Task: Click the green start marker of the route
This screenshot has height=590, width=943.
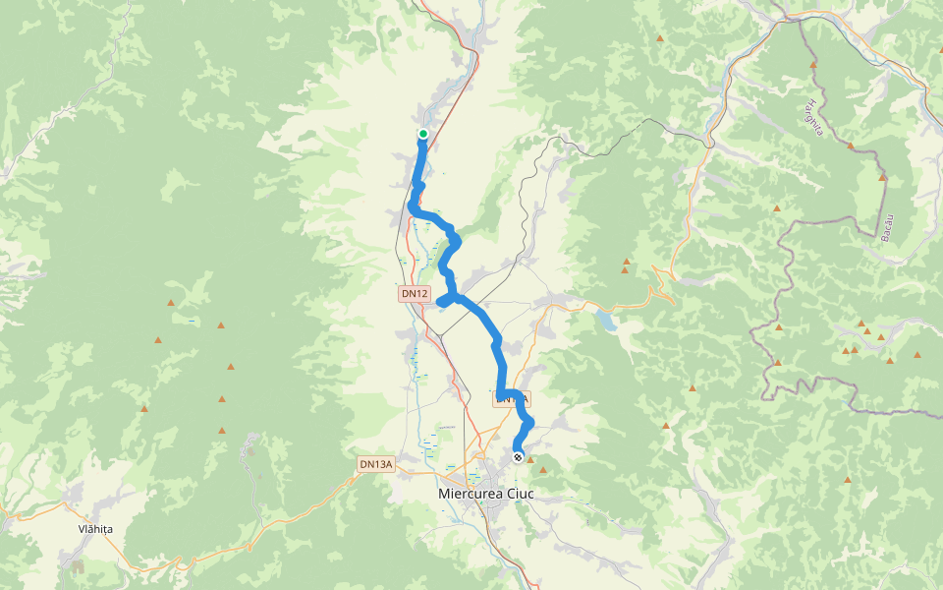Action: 423,134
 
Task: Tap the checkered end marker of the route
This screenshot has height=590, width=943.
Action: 518,457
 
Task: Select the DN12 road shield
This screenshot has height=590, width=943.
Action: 415,293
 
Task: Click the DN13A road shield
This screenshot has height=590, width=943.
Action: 375,464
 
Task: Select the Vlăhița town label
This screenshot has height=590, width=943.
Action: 95,529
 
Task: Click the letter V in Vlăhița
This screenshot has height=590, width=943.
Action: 82,529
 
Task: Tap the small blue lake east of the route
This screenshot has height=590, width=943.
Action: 608,320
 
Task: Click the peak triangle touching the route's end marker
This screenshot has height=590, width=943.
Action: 530,459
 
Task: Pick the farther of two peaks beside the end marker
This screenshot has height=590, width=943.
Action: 543,471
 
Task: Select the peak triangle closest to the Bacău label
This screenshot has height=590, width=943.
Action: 883,178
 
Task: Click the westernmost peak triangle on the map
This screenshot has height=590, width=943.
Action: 144,409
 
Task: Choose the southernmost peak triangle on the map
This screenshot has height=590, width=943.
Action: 848,480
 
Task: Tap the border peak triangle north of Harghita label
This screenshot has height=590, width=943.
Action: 813,65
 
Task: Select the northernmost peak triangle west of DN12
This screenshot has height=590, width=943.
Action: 171,303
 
